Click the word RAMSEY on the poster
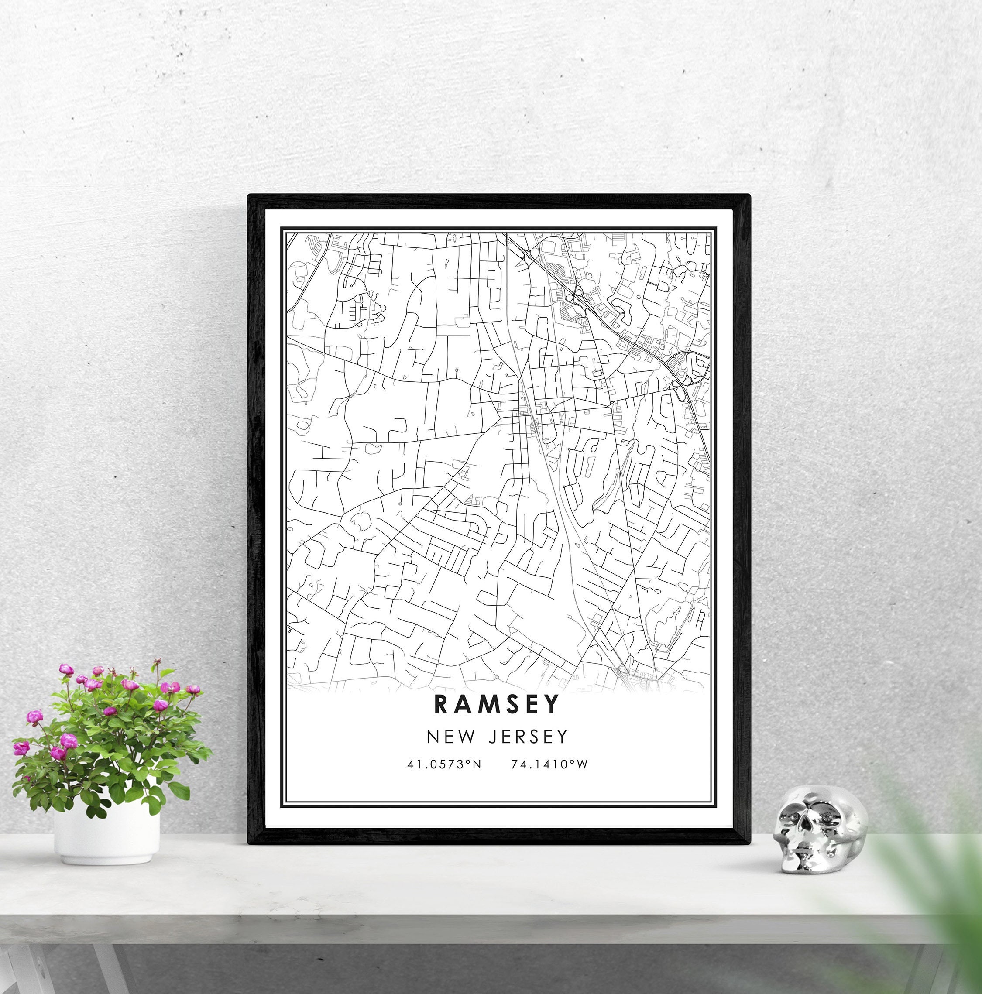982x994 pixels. (x=497, y=704)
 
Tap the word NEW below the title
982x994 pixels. (x=451, y=737)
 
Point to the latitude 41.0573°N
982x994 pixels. (x=444, y=764)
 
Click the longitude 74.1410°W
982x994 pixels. (x=549, y=764)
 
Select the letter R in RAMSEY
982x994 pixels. (x=443, y=704)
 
